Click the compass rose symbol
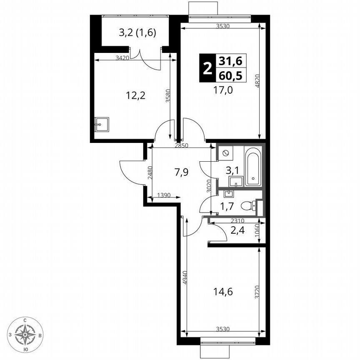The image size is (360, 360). click(26, 334)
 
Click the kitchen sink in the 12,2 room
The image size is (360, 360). click(101, 124)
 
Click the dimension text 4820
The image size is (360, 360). click(257, 82)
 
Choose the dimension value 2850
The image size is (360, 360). click(182, 145)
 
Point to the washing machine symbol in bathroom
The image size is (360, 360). click(225, 153)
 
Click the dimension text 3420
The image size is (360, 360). click(122, 57)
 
